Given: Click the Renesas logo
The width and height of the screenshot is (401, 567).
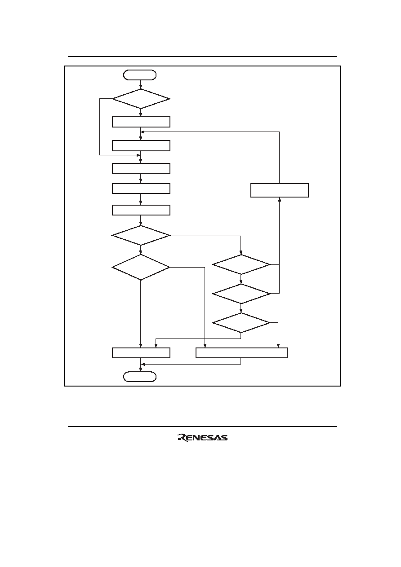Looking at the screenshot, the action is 202,438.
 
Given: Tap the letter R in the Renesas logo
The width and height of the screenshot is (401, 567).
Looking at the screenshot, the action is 182,438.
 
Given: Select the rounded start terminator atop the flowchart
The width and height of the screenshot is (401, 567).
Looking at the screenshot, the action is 140,75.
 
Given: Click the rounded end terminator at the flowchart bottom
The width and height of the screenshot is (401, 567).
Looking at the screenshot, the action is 140,377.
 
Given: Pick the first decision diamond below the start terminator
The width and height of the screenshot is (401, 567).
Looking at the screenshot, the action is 141,99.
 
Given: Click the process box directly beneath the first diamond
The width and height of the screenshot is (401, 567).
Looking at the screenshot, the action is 141,122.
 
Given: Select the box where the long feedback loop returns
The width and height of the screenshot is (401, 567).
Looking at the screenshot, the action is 141,145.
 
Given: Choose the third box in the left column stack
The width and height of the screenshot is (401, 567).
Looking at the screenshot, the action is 141,168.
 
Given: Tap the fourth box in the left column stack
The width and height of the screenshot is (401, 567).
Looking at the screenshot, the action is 141,189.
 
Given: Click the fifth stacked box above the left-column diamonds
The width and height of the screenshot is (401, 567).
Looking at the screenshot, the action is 141,210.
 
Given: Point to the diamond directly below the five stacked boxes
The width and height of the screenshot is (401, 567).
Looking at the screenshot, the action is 141,235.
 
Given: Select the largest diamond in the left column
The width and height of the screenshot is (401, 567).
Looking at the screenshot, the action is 141,267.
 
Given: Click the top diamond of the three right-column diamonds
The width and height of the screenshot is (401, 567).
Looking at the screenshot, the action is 241,264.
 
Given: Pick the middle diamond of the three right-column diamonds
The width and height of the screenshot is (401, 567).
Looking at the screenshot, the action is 241,294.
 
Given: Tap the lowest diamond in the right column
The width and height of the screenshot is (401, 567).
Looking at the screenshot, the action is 241,323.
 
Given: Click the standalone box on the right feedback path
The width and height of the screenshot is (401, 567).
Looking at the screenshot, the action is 280,190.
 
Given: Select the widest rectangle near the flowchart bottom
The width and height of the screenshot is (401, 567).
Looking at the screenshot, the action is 241,353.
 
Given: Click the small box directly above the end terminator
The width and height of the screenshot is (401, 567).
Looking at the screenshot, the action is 141,353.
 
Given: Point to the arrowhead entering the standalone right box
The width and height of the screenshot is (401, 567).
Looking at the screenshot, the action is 280,199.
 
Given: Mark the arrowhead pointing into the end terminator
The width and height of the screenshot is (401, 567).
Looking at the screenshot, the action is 141,370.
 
